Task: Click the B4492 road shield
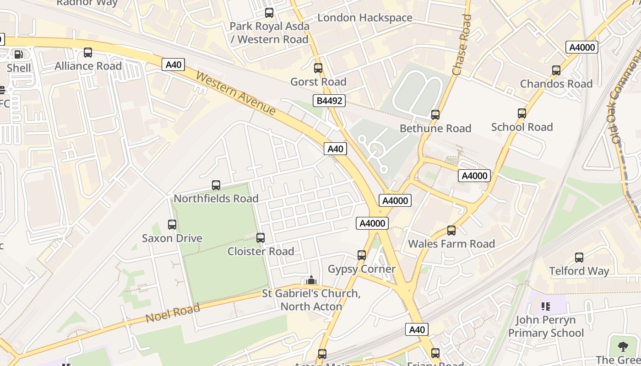(x=329, y=101)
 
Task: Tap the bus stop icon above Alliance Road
(x=88, y=53)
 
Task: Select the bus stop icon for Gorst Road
(x=318, y=68)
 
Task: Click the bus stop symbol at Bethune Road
(x=435, y=114)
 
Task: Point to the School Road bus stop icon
(x=522, y=113)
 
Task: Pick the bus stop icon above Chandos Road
(x=556, y=70)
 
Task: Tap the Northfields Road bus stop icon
(x=216, y=185)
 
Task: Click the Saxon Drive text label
(x=172, y=238)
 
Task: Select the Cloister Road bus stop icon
(x=261, y=237)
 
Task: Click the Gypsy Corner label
(x=361, y=269)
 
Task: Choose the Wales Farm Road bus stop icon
(x=451, y=230)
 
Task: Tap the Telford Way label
(x=579, y=271)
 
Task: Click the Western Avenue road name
(x=236, y=93)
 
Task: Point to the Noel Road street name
(x=173, y=313)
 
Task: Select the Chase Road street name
(x=462, y=45)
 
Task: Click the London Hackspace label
(x=365, y=18)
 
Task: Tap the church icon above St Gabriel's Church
(x=311, y=280)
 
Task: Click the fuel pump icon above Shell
(x=19, y=54)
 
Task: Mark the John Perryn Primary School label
(x=546, y=326)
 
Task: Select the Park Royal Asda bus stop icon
(x=269, y=13)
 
